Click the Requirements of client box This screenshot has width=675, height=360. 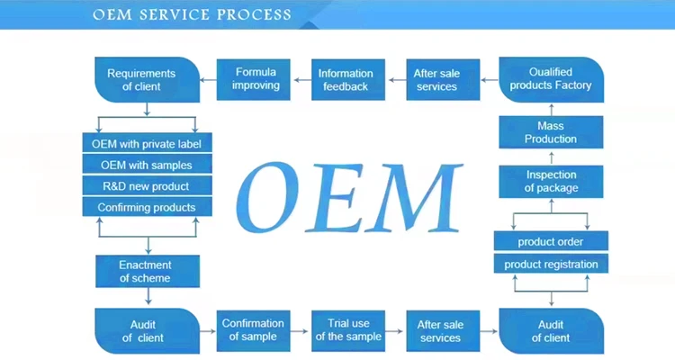[x=147, y=79]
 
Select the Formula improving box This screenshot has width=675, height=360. [x=256, y=79]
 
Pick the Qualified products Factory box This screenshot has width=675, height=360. [x=551, y=79]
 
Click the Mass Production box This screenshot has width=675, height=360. [x=551, y=132]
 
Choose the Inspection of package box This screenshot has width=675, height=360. [x=551, y=181]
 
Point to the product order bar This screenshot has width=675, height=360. [x=551, y=241]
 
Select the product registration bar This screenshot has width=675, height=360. [x=551, y=264]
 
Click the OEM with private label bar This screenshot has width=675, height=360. [x=147, y=143]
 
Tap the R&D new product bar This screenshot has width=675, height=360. [x=147, y=185]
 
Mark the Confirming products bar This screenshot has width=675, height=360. [x=147, y=207]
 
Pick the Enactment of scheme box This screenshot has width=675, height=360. [x=147, y=271]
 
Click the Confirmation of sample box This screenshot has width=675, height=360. [x=253, y=329]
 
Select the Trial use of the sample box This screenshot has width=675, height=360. [x=348, y=329]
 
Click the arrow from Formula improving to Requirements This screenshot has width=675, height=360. [x=209, y=79]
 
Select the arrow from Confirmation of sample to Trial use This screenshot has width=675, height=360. [x=301, y=329]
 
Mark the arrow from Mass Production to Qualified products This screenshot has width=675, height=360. [x=551, y=109]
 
